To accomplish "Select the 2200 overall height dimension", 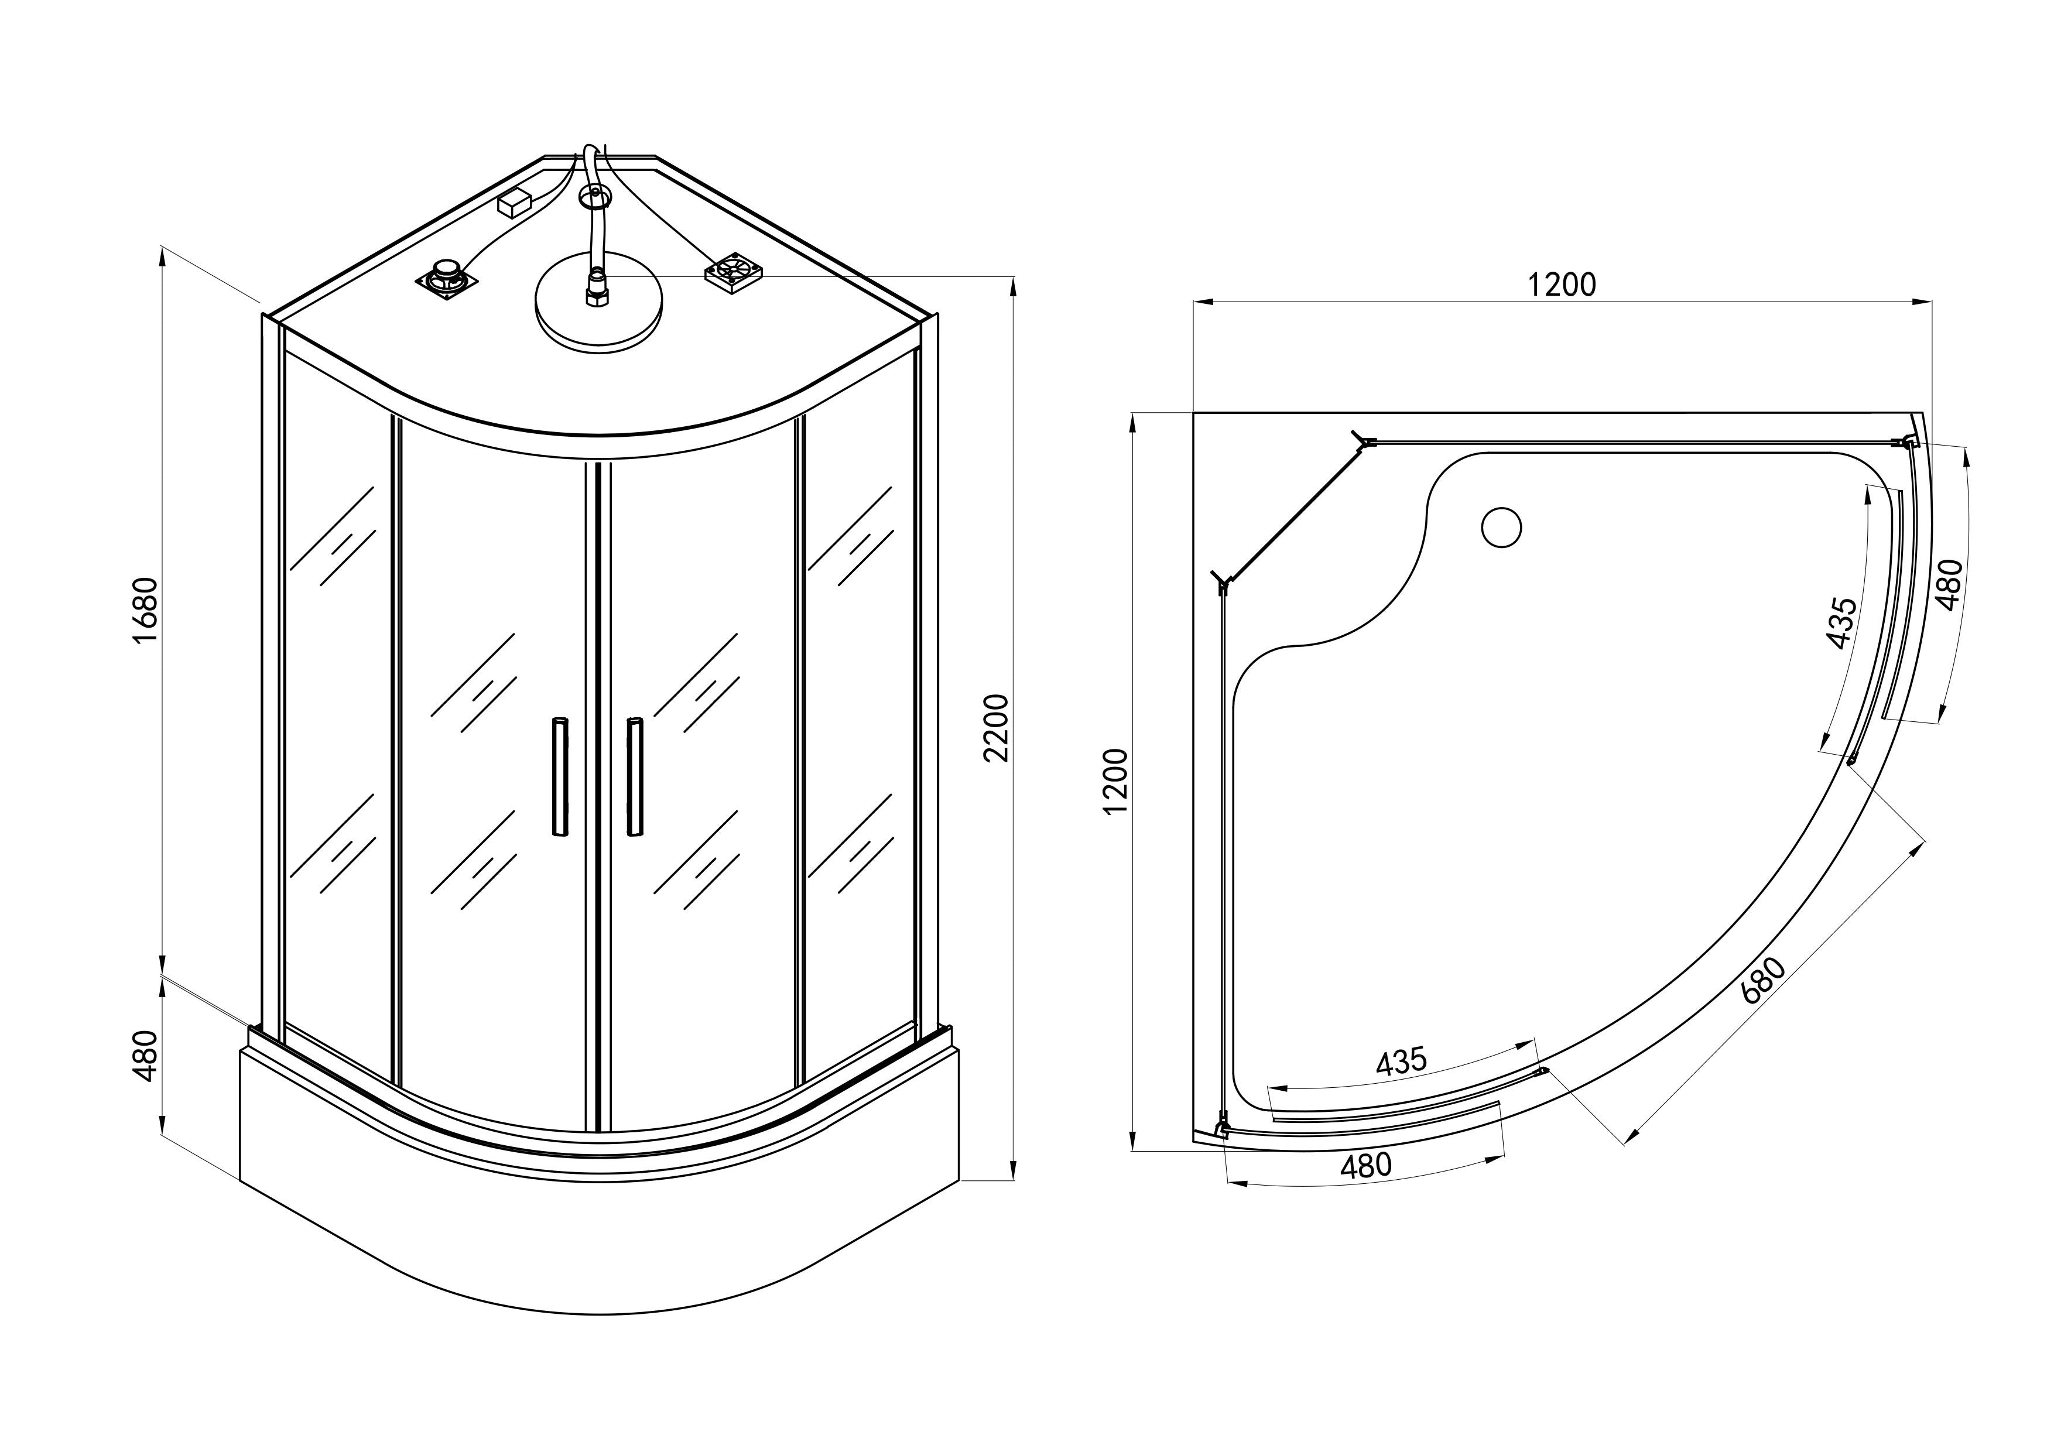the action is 996,727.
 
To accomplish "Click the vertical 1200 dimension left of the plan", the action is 1117,781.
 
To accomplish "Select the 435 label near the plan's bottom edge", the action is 1401,1061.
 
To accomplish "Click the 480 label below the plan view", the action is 1366,1166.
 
